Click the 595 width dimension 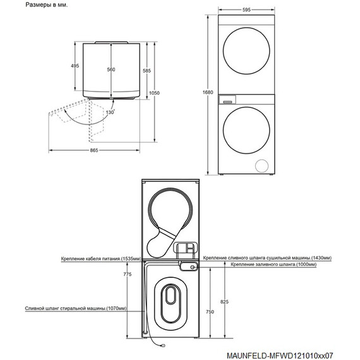click(x=246, y=9)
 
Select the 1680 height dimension click(x=208, y=92)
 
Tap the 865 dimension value click(x=94, y=150)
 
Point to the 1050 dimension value click(x=154, y=93)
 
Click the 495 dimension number click(x=75, y=66)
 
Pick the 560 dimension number click(x=111, y=69)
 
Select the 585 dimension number click(x=147, y=71)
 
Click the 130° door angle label click(x=110, y=112)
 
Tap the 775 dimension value click(x=128, y=274)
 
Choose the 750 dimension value click(x=210, y=311)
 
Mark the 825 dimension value click(x=225, y=302)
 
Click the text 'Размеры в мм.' click(x=47, y=5)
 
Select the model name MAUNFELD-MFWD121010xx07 click(x=280, y=356)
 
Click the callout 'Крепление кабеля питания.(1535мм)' click(x=101, y=259)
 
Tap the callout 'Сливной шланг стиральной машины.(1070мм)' click(x=76, y=308)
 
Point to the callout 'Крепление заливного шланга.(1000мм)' click(x=273, y=264)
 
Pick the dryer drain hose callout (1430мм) click(x=267, y=258)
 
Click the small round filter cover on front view click(x=262, y=165)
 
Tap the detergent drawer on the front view click(x=227, y=100)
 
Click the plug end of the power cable click(x=163, y=345)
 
